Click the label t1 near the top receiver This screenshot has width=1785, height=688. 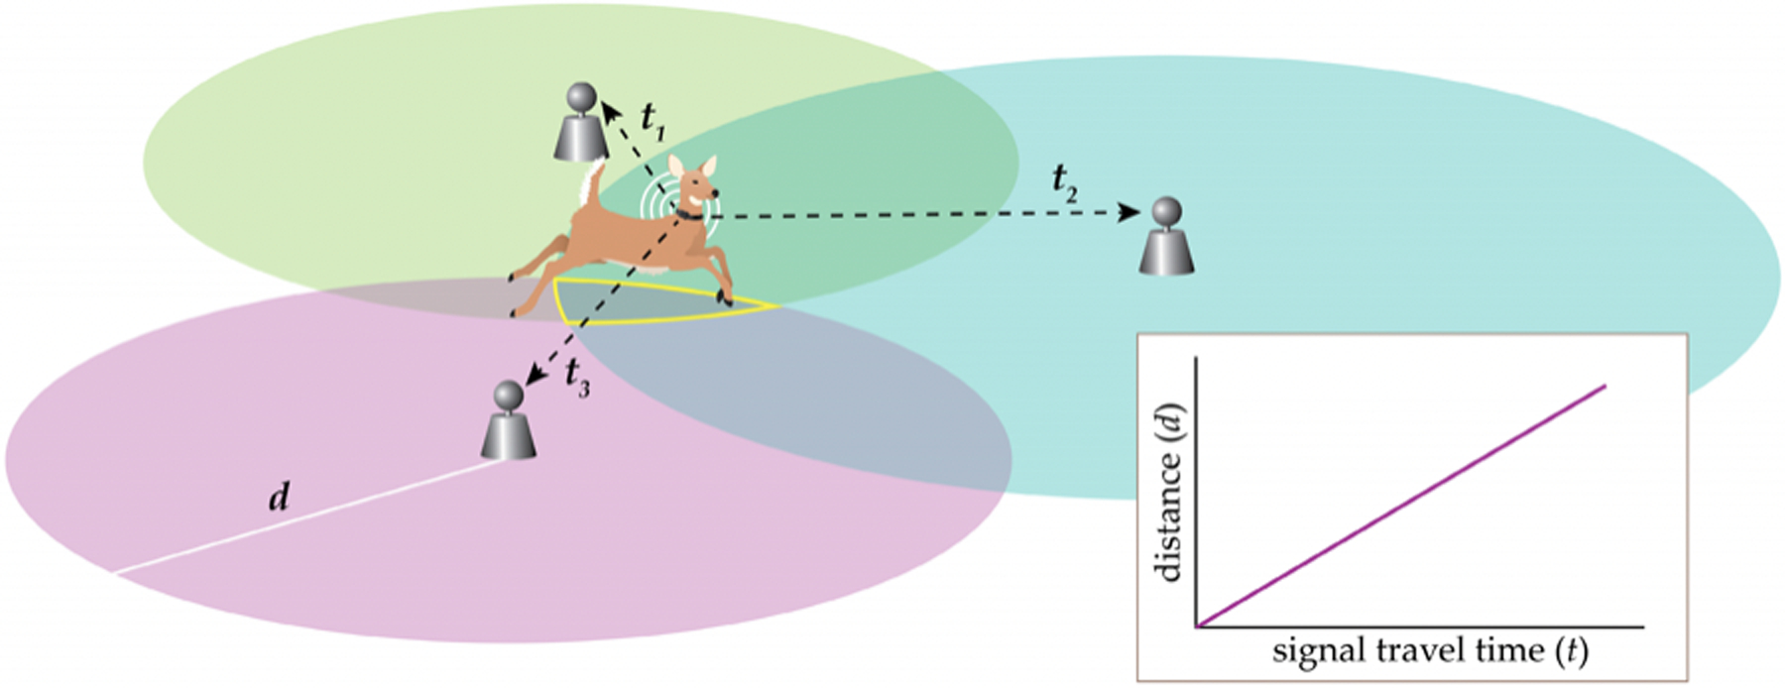[x=653, y=118]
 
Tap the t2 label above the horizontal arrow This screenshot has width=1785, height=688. [x=1065, y=182]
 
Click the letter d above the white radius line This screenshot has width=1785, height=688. [x=280, y=496]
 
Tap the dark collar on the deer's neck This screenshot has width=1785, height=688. [x=687, y=213]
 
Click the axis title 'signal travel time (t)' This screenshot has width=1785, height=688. [x=1429, y=651]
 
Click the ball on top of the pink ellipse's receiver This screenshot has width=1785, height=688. [x=509, y=395]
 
